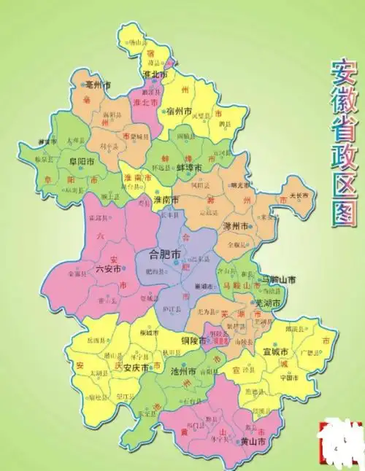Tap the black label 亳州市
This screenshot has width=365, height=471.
(99, 85)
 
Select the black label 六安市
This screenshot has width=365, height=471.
(88, 269)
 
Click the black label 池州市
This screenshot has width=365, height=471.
(182, 371)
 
